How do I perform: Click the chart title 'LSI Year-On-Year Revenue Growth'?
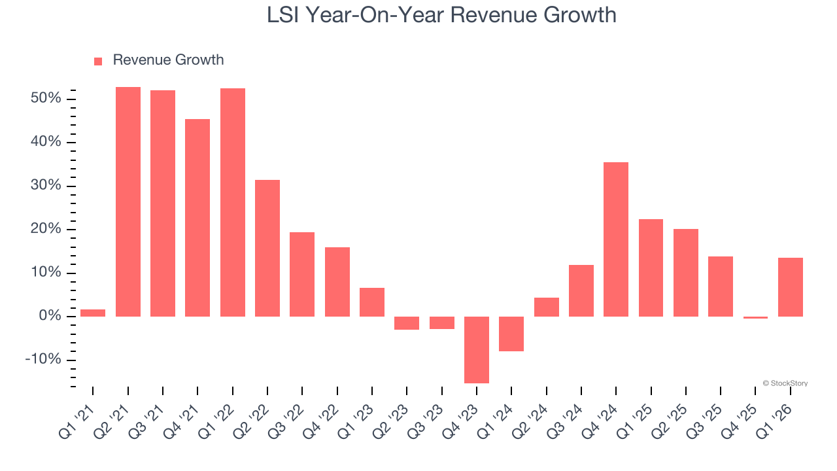[441, 15]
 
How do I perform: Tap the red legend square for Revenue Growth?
[98, 61]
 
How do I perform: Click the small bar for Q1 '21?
[93, 313]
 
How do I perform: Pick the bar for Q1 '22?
[233, 202]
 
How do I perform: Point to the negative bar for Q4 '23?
[477, 349]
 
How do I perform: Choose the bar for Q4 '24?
[616, 239]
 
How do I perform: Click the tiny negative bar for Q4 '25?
[755, 317]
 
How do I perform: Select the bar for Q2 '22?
[267, 248]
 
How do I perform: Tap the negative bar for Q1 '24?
[511, 334]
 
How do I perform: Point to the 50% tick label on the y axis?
[46, 99]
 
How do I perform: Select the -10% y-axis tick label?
[43, 360]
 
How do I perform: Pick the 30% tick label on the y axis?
[46, 186]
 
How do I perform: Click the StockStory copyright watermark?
[785, 383]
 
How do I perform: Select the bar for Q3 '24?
[581, 290]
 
